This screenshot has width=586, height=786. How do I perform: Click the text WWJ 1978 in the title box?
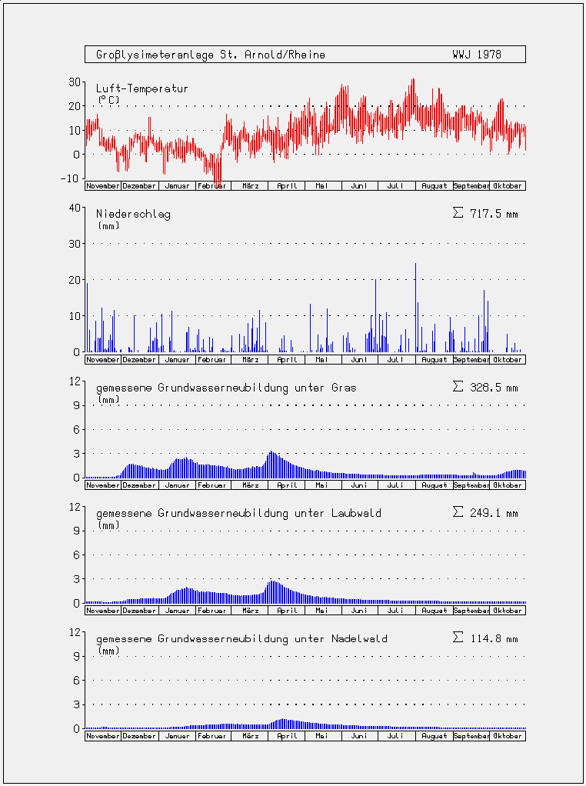476,55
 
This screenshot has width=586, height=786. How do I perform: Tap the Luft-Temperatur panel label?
142,88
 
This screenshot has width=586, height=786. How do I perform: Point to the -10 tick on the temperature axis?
73,178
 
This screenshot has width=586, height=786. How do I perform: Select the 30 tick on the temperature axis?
75,82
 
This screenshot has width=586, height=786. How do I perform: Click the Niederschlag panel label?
133,215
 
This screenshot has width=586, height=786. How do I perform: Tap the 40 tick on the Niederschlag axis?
75,208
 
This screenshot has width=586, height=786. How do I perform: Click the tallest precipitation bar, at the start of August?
415,308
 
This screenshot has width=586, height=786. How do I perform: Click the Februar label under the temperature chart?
214,186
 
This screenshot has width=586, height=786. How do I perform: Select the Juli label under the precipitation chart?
395,360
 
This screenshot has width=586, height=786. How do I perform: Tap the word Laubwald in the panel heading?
356,513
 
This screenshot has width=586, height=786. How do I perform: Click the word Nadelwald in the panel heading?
359,638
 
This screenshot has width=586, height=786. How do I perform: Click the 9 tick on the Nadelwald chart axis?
77,656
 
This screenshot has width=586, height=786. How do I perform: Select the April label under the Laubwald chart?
288,611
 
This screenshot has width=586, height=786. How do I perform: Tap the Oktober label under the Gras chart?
508,485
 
